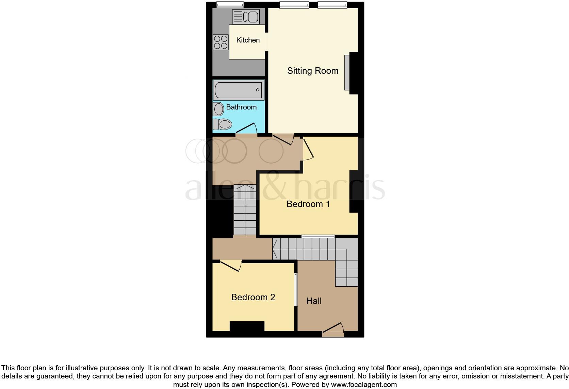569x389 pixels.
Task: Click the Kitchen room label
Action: pyautogui.click(x=248, y=40)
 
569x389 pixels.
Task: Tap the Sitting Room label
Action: pyautogui.click(x=312, y=71)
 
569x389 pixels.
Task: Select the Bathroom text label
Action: pyautogui.click(x=241, y=107)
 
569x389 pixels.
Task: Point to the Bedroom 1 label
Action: pyautogui.click(x=308, y=204)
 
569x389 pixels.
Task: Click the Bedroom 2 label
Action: pyautogui.click(x=253, y=297)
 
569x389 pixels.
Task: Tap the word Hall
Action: pyautogui.click(x=314, y=301)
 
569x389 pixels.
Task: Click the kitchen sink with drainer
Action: pyautogui.click(x=245, y=17)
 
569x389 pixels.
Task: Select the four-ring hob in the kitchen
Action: pyautogui.click(x=221, y=43)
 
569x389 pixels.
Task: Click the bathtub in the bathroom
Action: pyautogui.click(x=238, y=90)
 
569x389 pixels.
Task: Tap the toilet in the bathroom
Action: pyautogui.click(x=222, y=124)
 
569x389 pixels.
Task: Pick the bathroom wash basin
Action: pyautogui.click(x=218, y=109)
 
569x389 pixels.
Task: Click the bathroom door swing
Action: pyautogui.click(x=247, y=129)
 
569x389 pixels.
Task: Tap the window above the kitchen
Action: pyautogui.click(x=230, y=4)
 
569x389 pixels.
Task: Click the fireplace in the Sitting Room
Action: pyautogui.click(x=347, y=72)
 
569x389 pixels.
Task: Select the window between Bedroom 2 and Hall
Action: pyautogui.click(x=296, y=289)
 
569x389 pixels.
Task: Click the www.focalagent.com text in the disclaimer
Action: pyautogui.click(x=364, y=385)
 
